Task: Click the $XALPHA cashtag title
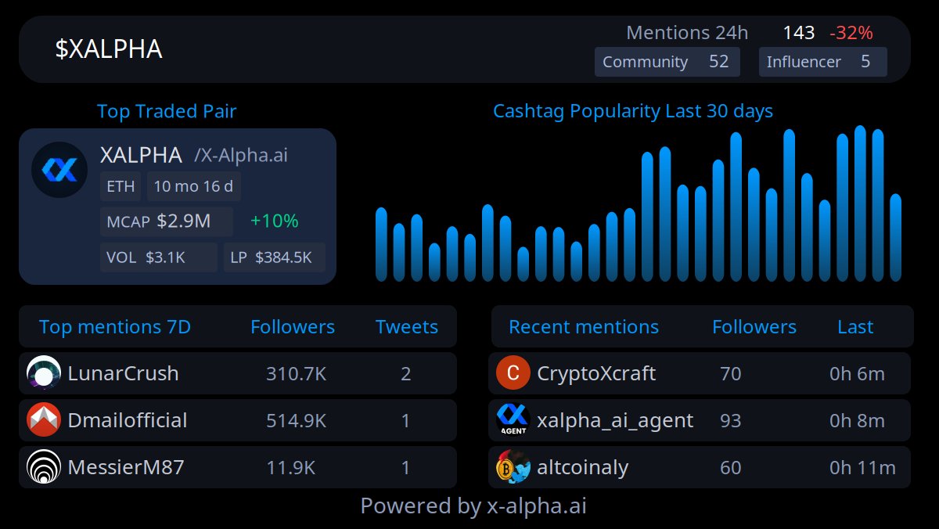click(109, 49)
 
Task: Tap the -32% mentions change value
click(851, 33)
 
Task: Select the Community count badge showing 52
click(667, 62)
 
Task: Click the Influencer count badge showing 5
click(822, 62)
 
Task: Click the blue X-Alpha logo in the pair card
click(59, 170)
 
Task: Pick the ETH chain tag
click(121, 186)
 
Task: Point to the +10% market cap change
click(274, 221)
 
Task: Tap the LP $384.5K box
click(274, 257)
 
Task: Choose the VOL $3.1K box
click(158, 257)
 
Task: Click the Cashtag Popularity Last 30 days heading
click(632, 111)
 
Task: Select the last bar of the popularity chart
click(895, 238)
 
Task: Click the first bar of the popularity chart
click(381, 244)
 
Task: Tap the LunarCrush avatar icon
click(44, 373)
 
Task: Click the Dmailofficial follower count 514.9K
click(296, 420)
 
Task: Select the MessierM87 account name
click(126, 467)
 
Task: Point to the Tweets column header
click(406, 326)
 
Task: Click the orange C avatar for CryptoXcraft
click(513, 373)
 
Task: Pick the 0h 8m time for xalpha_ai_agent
click(857, 420)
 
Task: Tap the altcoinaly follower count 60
click(730, 467)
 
